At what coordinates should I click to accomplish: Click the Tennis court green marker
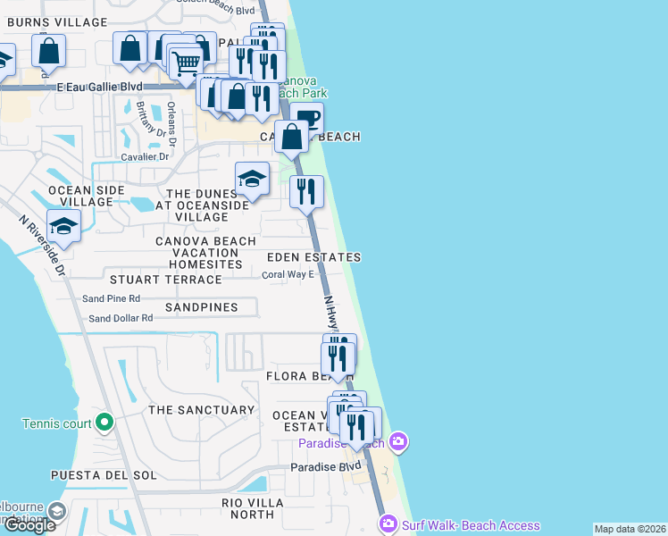point(104,422)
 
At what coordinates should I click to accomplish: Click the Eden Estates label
point(313,257)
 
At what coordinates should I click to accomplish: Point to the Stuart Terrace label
point(165,280)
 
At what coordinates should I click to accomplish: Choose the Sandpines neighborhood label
point(202,307)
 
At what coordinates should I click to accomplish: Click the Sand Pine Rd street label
point(112,298)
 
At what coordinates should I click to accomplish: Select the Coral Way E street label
point(288,274)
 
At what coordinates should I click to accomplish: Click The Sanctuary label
point(202,410)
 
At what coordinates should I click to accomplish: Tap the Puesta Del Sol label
point(104,474)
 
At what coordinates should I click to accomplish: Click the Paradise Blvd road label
point(326,467)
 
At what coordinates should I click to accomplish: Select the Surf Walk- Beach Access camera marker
point(388,524)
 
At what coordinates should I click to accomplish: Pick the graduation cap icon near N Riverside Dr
point(64,227)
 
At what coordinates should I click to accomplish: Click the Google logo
point(29,525)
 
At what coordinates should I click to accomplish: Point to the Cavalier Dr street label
point(138,156)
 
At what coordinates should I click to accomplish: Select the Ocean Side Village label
point(70,196)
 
